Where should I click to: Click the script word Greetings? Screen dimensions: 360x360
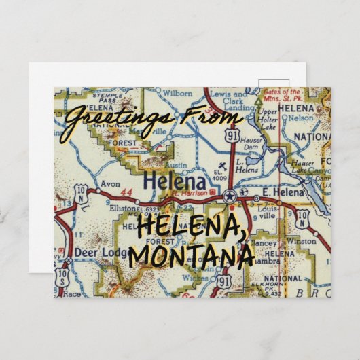point(115,120)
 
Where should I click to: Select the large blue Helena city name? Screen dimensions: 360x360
point(174,182)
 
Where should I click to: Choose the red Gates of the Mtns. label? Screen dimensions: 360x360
point(283,94)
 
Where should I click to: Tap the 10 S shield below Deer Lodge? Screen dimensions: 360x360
point(62,278)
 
